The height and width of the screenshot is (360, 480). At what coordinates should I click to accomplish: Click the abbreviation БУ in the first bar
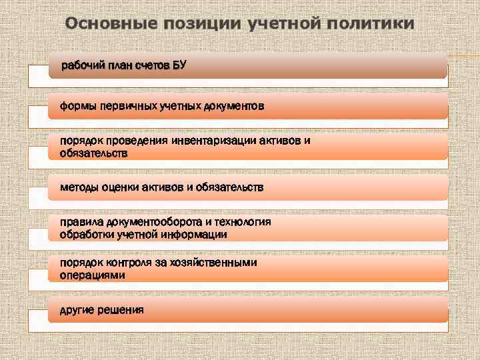(180, 65)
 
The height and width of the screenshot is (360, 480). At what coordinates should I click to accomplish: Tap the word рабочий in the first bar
(79, 65)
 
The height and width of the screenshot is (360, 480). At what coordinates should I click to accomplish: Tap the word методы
(79, 188)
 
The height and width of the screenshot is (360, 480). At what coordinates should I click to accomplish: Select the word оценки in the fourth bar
(120, 188)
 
